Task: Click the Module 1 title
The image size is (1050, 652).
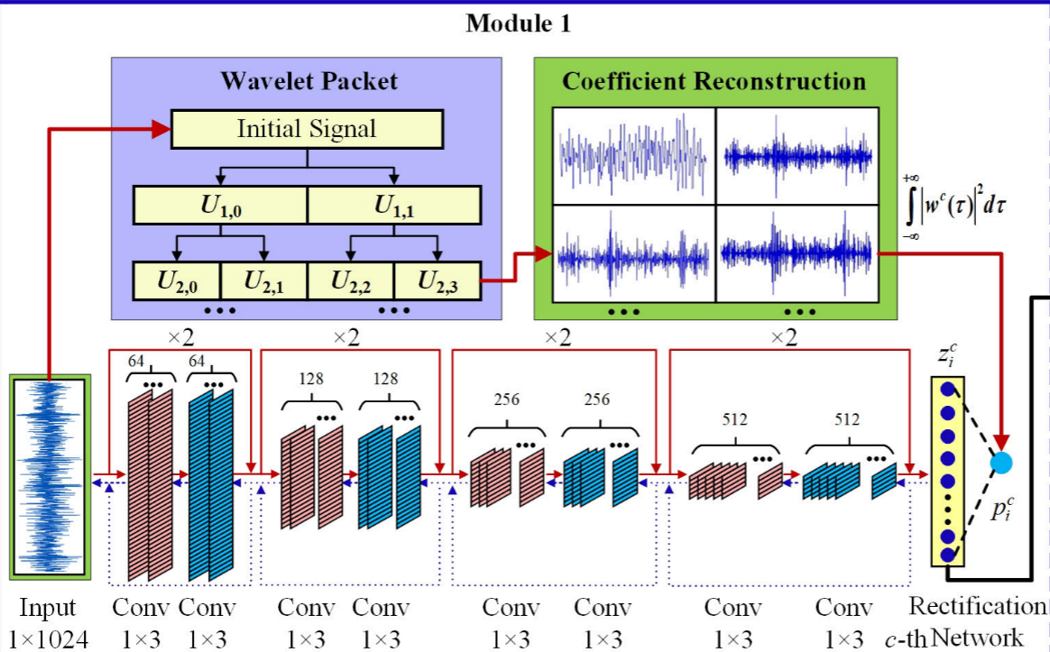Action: [518, 24]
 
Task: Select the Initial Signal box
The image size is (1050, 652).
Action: [307, 129]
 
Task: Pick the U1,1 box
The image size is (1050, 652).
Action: [395, 205]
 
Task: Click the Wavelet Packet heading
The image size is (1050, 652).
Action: [309, 81]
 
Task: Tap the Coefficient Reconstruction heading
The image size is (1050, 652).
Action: [714, 81]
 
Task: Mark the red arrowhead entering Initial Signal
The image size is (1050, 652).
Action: [161, 130]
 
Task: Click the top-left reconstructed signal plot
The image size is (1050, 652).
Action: [633, 155]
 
